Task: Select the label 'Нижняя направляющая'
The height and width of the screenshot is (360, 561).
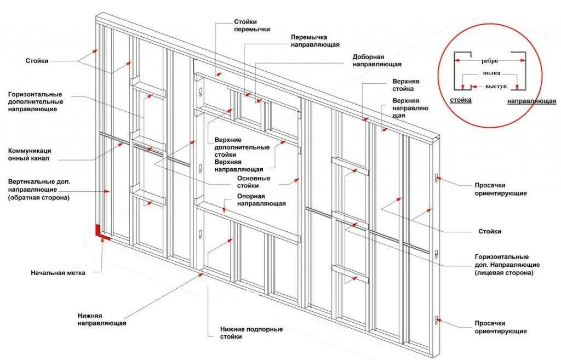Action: pos(101,319)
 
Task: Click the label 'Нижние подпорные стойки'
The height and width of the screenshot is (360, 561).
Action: pos(251,333)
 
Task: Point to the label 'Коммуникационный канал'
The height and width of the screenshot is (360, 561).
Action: pos(30,154)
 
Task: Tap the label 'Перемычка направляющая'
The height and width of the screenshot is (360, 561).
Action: pos(315,41)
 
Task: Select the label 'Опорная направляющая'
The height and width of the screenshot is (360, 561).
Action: pos(261,200)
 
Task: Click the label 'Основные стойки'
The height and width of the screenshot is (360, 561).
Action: pos(254,182)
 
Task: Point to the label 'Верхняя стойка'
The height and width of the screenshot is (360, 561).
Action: pos(407,84)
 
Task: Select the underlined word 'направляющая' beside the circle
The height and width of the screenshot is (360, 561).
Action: pos(531,101)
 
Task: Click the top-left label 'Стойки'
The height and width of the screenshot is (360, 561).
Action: pos(37,61)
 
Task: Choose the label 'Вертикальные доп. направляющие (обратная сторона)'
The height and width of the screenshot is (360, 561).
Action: pos(39,189)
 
